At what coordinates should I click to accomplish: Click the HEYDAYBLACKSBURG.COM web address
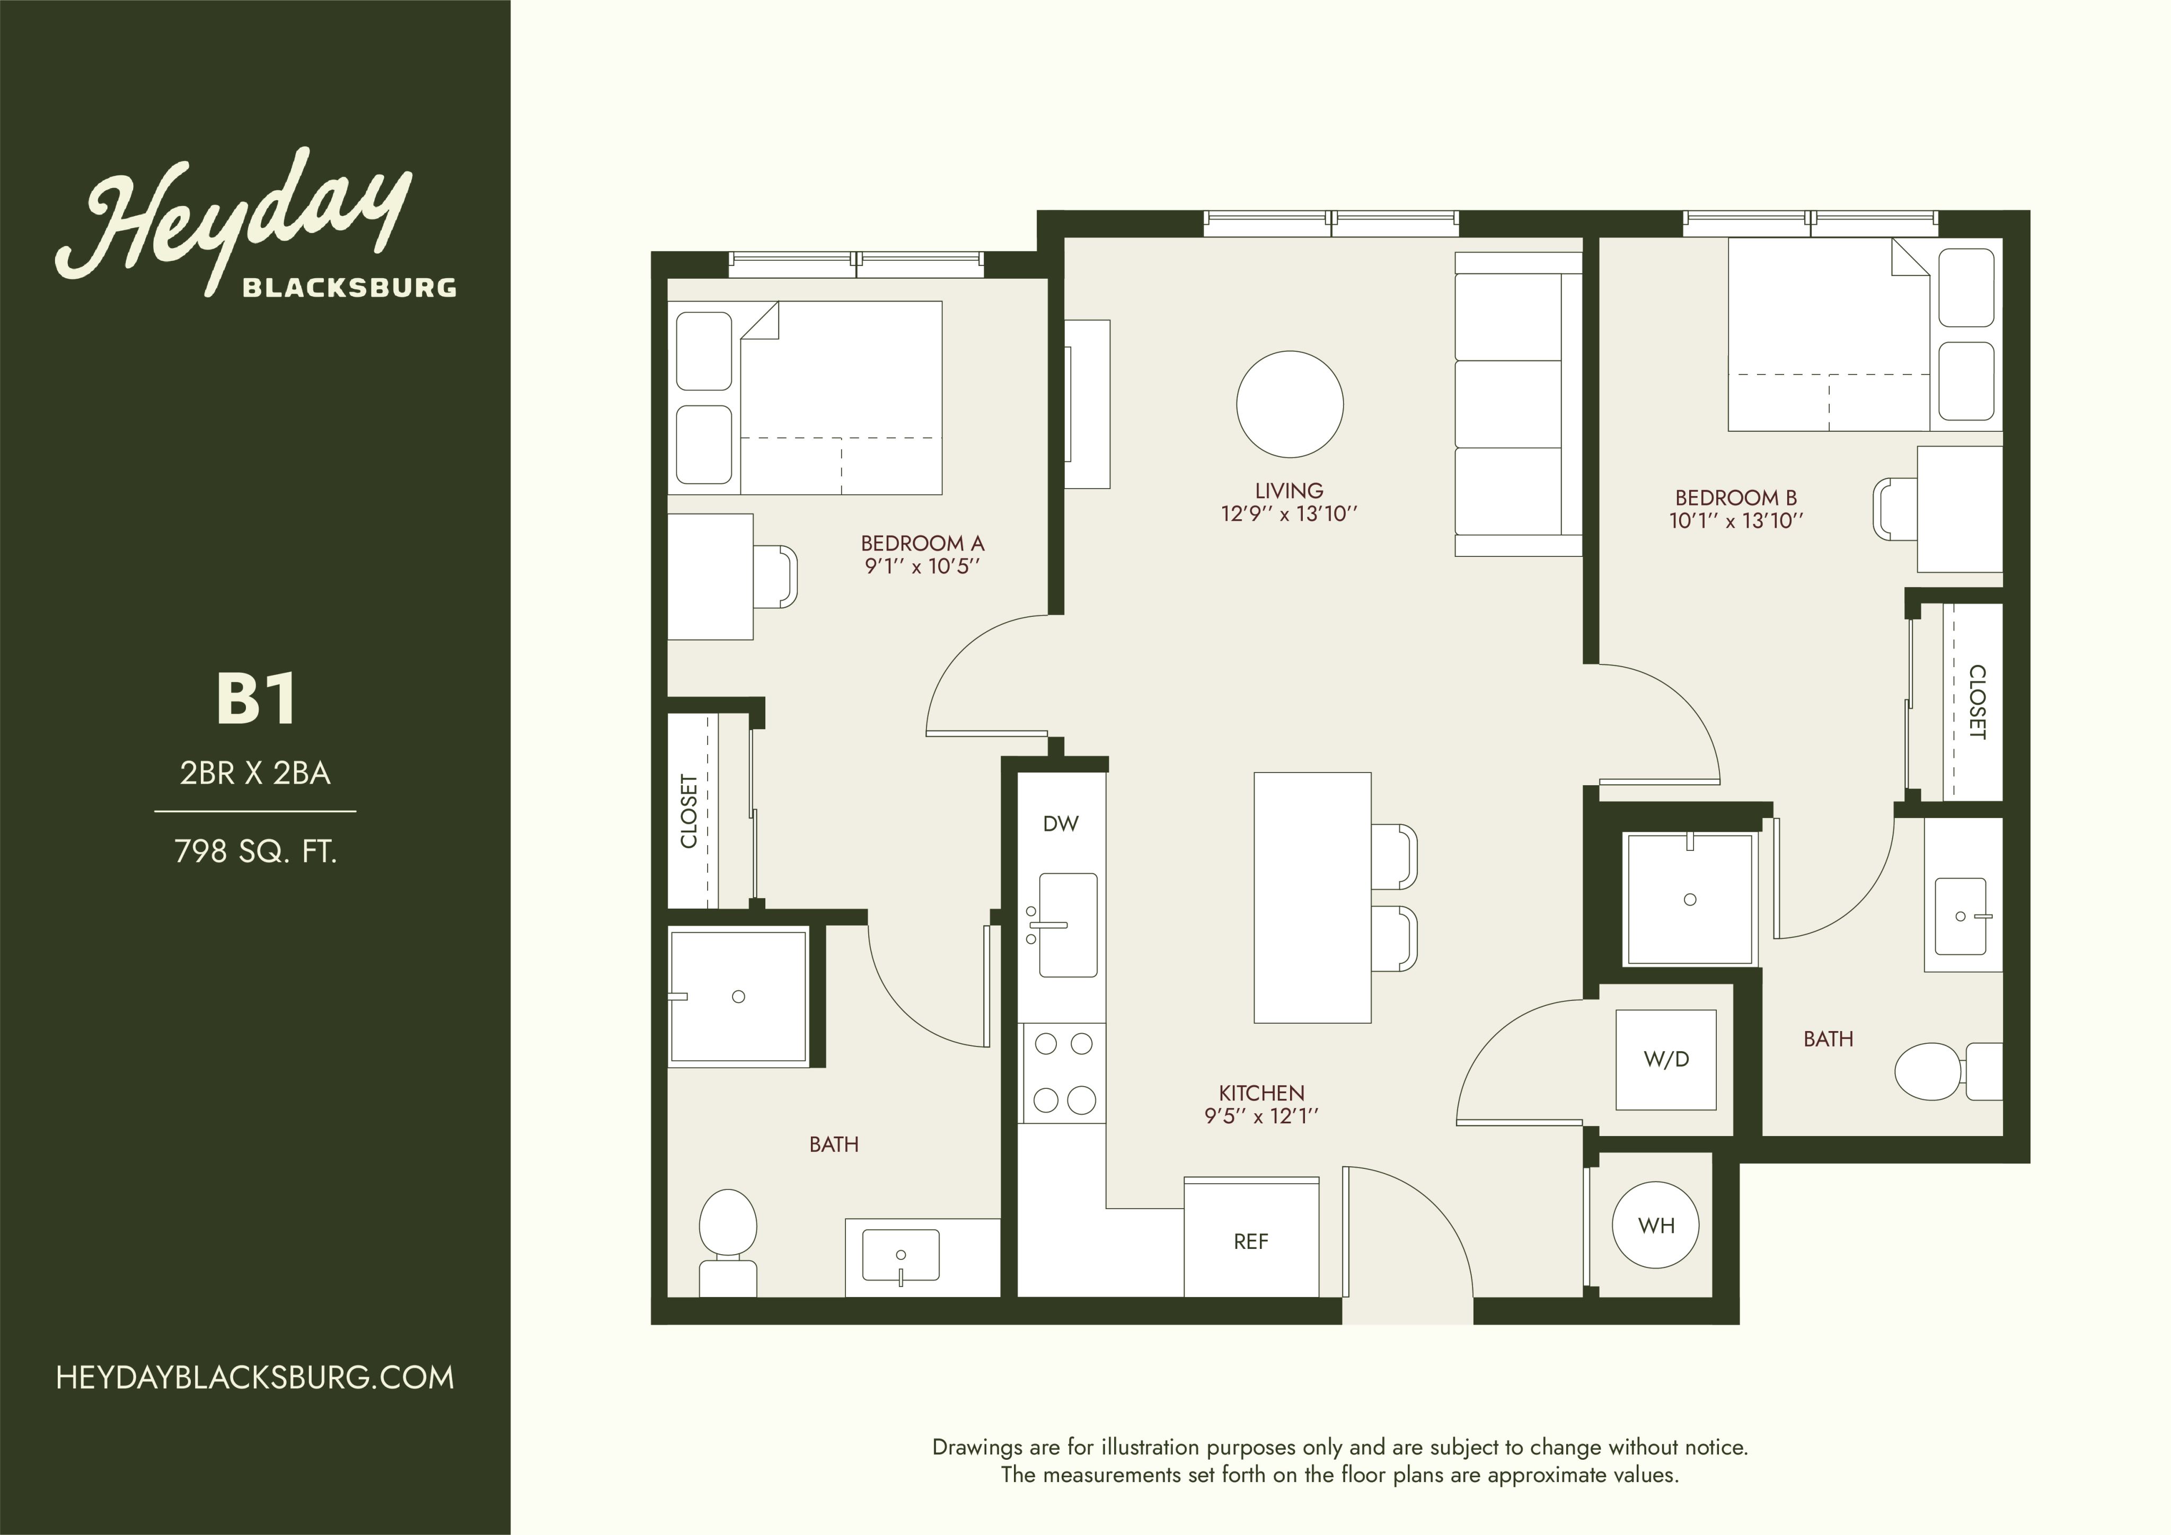[255, 1377]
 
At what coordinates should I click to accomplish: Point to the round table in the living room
[1290, 404]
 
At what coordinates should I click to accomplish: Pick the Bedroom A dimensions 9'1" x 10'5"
[922, 567]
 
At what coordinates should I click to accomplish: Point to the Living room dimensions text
[1290, 514]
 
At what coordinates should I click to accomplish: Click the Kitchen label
[1261, 1093]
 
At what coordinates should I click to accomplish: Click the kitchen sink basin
[1067, 925]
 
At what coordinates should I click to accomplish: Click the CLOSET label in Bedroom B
[1976, 702]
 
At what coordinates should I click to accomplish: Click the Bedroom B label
[1736, 497]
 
